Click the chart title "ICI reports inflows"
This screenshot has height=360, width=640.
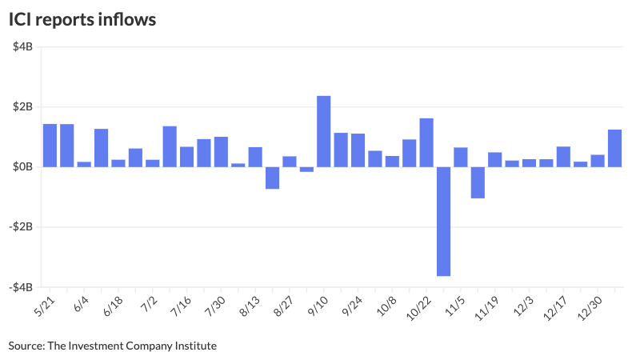82,19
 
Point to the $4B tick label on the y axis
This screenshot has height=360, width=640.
22,47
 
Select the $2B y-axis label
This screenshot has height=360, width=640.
22,107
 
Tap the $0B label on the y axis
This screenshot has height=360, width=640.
22,167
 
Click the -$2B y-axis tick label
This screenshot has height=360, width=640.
21,227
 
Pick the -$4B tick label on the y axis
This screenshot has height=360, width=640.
21,287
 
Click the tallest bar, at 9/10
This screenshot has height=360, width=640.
324,131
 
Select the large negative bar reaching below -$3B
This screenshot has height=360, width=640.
443,221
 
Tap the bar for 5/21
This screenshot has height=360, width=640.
50,146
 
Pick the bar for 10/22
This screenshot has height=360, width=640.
426,142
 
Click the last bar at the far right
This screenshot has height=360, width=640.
614,148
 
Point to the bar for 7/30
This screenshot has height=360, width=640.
221,152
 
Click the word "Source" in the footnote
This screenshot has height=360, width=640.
26,346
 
